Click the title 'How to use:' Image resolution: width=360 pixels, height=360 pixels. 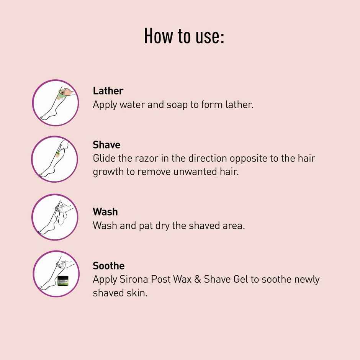pyautogui.click(x=184, y=36)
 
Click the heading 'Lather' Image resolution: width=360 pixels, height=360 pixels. pyautogui.click(x=108, y=91)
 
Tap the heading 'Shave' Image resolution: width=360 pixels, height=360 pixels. pyautogui.click(x=106, y=145)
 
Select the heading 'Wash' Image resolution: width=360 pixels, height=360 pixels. pyautogui.click(x=105, y=212)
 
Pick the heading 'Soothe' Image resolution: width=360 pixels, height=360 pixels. pyautogui.click(x=109, y=266)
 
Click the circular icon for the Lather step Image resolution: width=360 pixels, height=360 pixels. pyautogui.click(x=56, y=103)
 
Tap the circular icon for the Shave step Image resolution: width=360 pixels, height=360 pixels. pyautogui.click(x=54, y=159)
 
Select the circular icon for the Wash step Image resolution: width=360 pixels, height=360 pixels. pyautogui.click(x=54, y=217)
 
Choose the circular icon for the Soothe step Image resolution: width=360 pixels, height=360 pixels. pyautogui.click(x=56, y=274)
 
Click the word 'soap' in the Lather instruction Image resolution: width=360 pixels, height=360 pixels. pyautogui.click(x=177, y=105)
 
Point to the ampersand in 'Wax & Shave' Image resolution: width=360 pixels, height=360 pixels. pyautogui.click(x=197, y=279)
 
